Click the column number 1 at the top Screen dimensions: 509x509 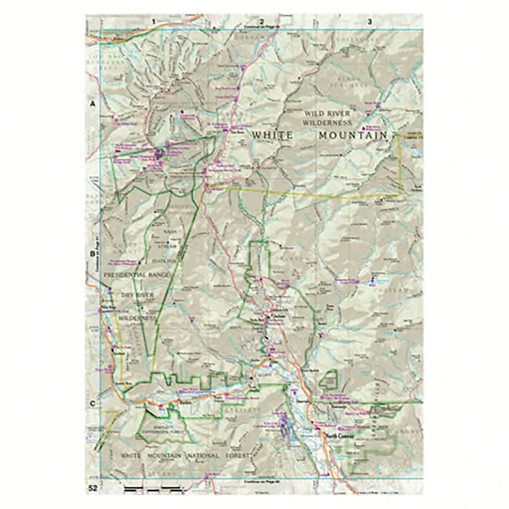pos(152,22)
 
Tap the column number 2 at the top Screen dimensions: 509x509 pos(262,22)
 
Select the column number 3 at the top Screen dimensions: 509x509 pos(369,22)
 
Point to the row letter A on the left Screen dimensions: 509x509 pos(92,104)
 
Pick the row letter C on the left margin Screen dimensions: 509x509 pos(92,404)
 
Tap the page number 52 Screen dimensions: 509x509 pos(93,488)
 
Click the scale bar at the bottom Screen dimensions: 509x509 pos(152,488)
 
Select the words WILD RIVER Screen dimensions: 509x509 pos(328,113)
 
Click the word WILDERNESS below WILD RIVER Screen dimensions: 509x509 pos(328,122)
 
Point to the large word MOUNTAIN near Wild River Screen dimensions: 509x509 pos(353,135)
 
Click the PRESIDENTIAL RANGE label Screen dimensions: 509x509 pos(136,274)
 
